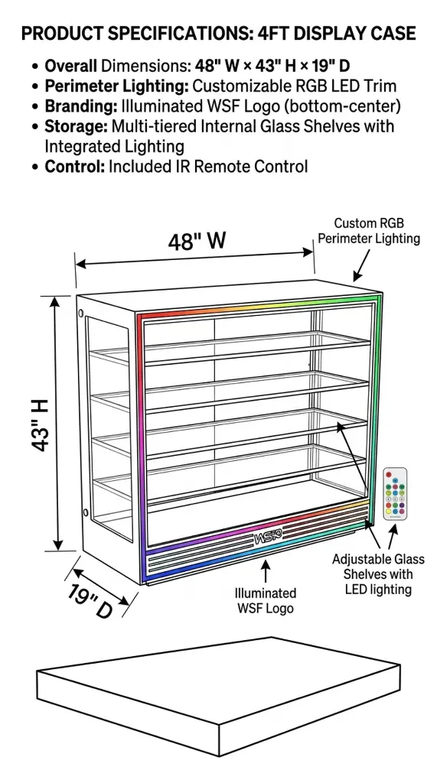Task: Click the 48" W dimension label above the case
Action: (x=197, y=242)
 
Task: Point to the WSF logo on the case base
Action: (x=268, y=538)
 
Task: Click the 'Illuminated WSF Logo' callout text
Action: (x=266, y=601)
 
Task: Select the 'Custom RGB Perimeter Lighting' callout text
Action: (x=369, y=231)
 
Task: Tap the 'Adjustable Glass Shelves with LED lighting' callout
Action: (x=378, y=574)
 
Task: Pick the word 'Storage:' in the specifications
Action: (x=76, y=126)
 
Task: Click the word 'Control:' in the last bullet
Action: (x=74, y=166)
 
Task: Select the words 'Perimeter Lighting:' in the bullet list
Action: (x=116, y=86)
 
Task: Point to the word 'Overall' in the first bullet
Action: (x=70, y=66)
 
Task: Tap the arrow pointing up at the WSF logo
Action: (x=266, y=570)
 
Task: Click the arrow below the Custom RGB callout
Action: (x=361, y=265)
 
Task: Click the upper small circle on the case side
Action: (x=81, y=313)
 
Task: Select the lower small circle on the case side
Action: (x=86, y=512)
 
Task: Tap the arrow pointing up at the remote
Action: (x=393, y=536)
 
